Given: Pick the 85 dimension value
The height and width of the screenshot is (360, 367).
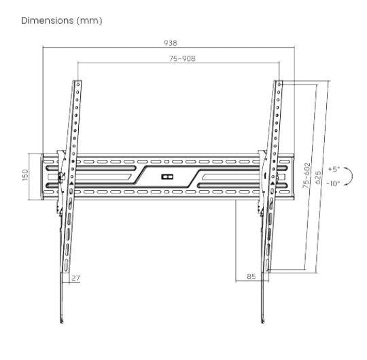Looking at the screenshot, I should [251, 277].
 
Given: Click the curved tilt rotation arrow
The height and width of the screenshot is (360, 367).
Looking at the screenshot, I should [349, 177].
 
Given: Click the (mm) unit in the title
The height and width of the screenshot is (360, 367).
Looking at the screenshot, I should [91, 20].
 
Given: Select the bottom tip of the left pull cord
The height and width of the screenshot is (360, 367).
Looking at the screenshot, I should [63, 321].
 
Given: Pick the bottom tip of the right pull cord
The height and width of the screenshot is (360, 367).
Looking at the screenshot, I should [262, 321].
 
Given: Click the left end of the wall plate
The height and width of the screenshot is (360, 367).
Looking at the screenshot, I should [43, 177].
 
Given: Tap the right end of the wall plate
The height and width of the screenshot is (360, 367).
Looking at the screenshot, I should [294, 177].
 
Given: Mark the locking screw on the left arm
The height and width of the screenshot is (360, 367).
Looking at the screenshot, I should [63, 177].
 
